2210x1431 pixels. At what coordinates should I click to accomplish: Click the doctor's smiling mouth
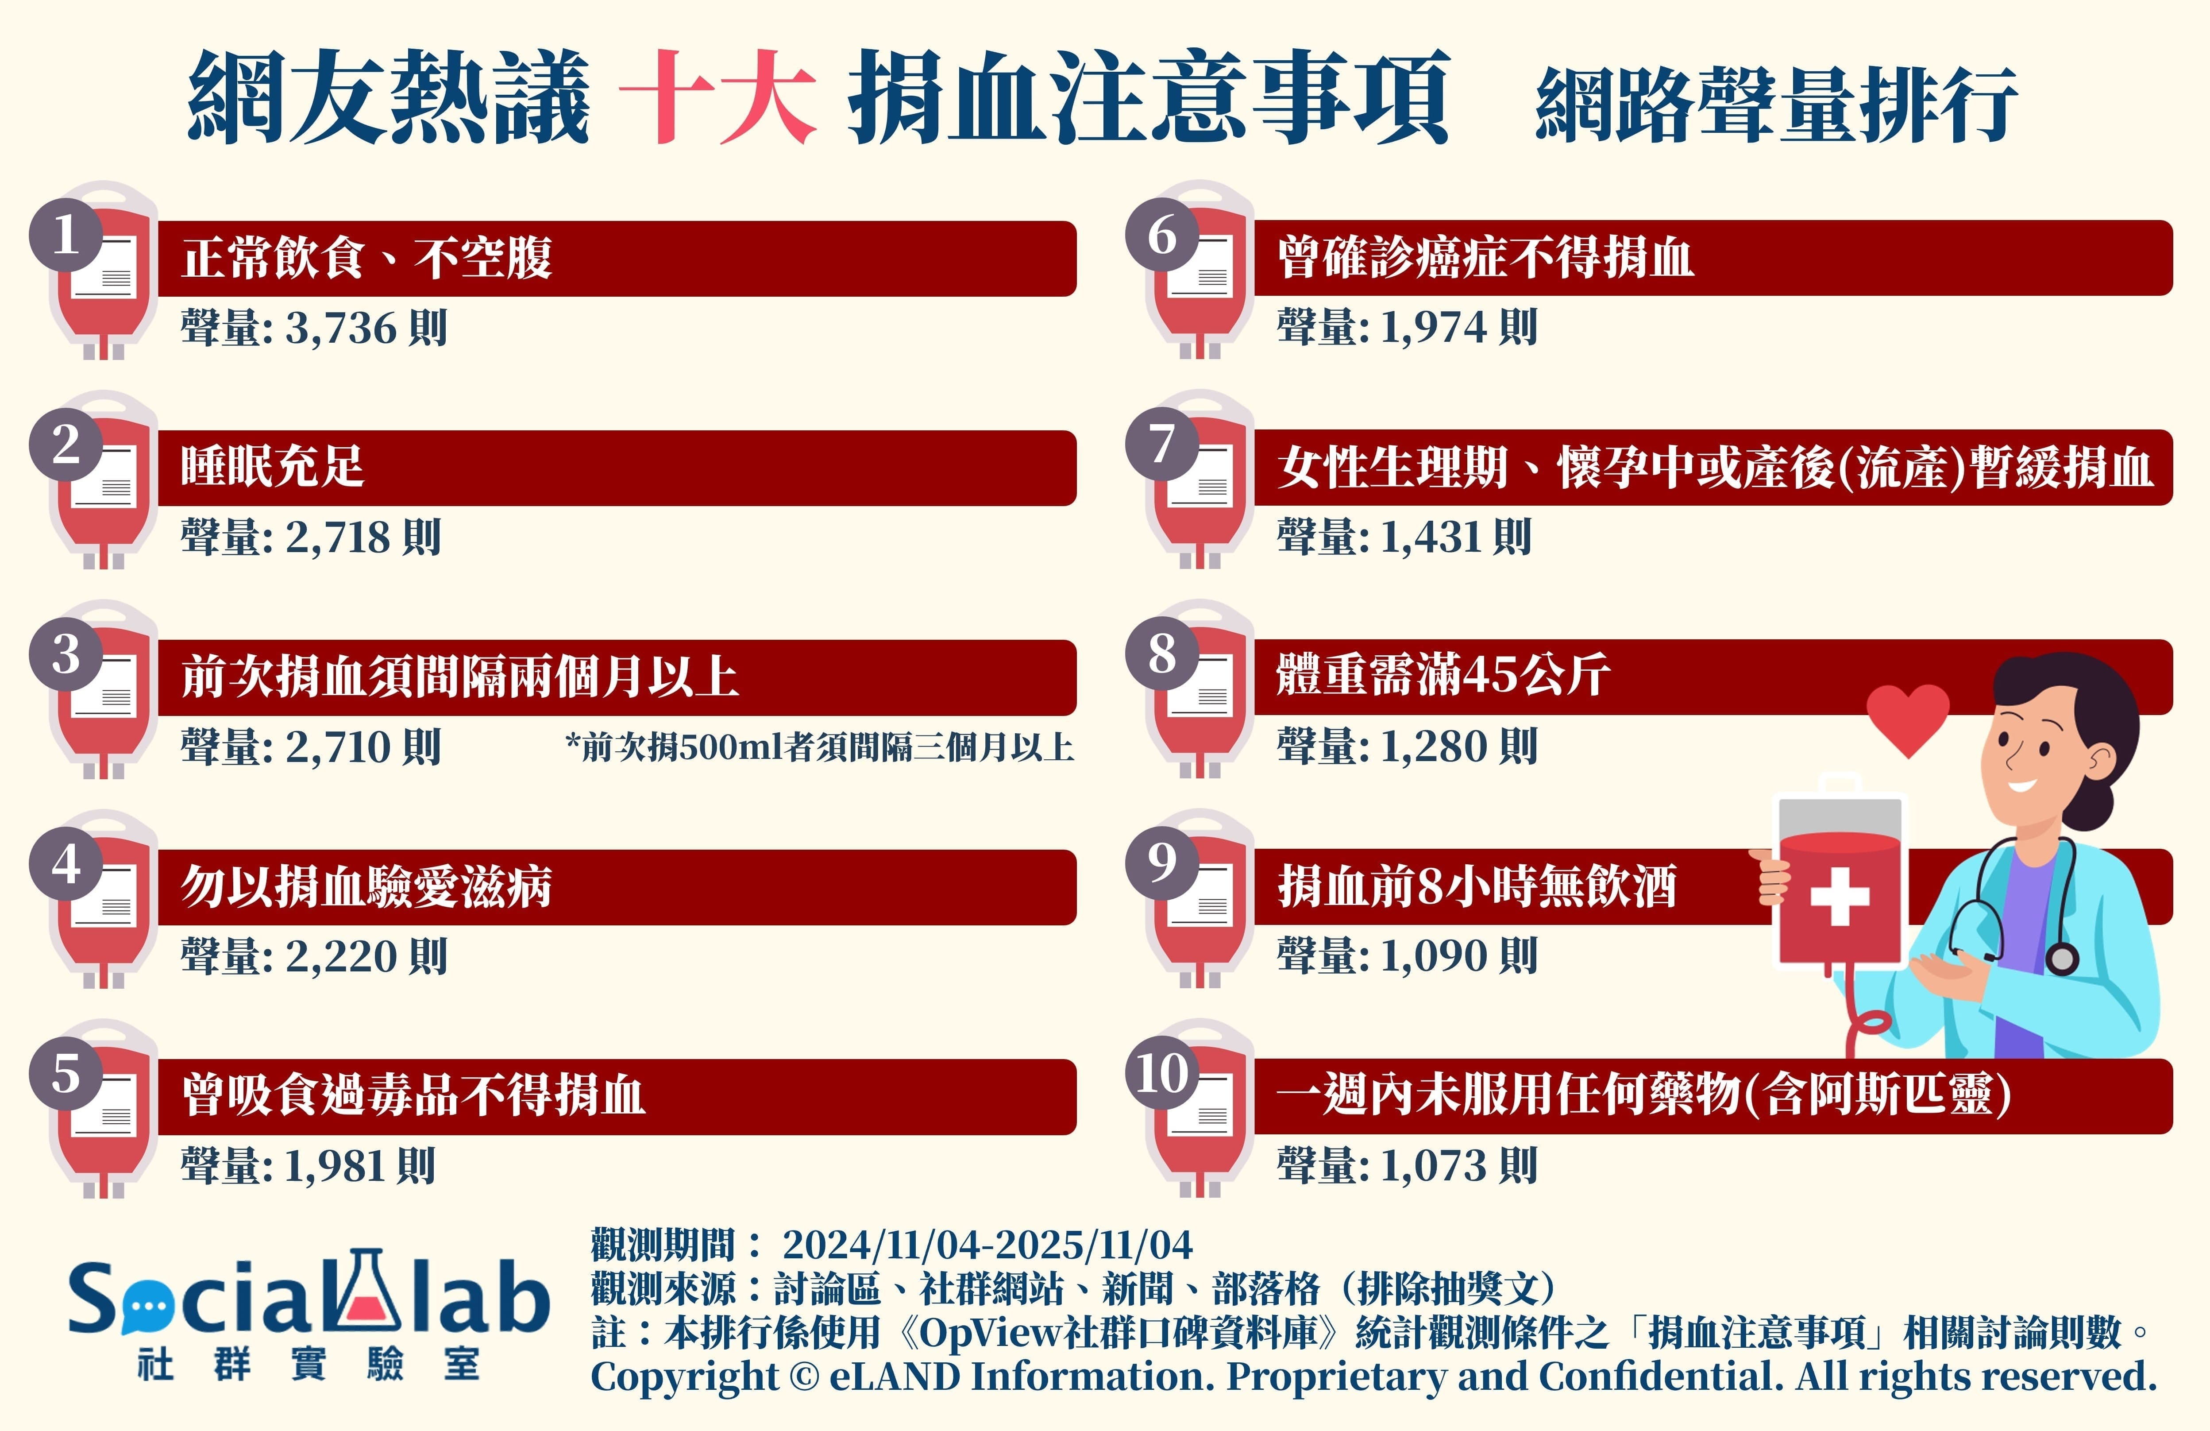(2021, 785)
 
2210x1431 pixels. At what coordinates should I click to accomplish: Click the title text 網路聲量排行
(1776, 104)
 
